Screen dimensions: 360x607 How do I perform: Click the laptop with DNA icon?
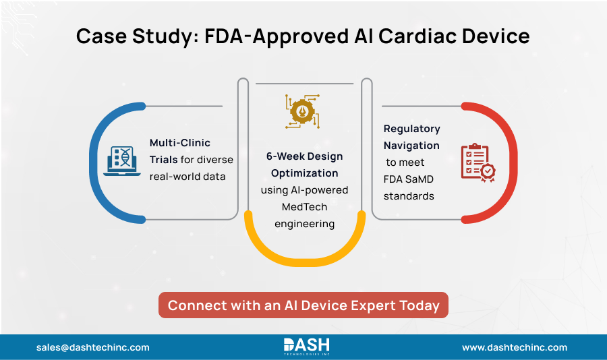click(122, 160)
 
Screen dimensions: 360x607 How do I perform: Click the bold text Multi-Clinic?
click(180, 143)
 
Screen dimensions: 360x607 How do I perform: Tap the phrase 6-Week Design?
click(304, 156)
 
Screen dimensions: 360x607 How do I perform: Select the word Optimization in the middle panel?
click(304, 173)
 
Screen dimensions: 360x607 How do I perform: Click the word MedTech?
click(304, 207)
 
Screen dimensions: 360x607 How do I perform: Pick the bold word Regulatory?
click(411, 128)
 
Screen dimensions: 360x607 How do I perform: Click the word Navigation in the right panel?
click(411, 145)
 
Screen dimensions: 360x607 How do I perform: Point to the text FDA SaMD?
click(409, 179)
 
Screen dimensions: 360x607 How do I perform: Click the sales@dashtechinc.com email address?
click(93, 347)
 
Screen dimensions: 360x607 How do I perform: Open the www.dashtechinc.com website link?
click(514, 347)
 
